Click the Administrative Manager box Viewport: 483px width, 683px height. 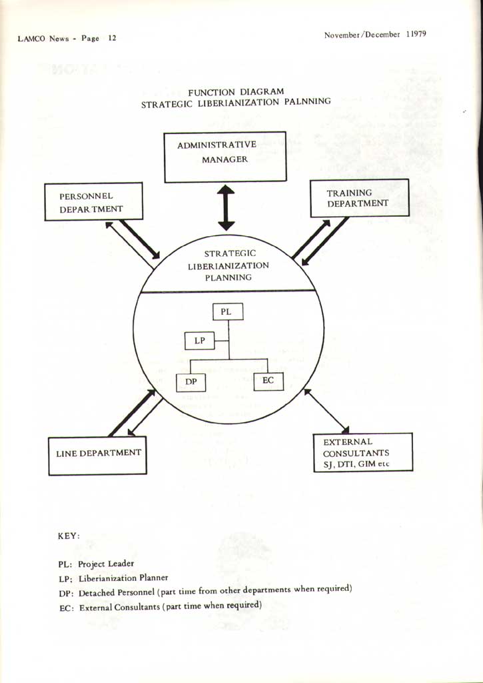[225, 157]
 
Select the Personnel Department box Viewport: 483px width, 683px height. [93, 201]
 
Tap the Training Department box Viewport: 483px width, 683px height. [360, 197]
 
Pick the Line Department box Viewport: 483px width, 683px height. [97, 456]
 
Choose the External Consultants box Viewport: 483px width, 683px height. [363, 452]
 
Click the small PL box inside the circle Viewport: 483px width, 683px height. [228, 311]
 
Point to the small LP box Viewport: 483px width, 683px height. [200, 341]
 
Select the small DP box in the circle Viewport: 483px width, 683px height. [191, 382]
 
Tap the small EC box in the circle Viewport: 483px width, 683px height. [268, 381]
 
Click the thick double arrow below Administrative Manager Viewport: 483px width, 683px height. [227, 207]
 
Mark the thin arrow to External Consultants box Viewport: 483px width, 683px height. [326, 411]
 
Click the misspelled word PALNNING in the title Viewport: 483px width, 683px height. [308, 101]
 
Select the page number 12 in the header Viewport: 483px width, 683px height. [113, 38]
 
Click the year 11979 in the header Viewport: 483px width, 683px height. [416, 35]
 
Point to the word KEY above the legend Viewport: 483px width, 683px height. [69, 536]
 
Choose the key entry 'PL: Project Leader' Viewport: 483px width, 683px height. [96, 564]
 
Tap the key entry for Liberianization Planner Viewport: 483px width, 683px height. [113, 578]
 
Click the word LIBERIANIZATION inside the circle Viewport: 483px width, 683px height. [229, 265]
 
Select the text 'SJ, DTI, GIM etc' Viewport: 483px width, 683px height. [356, 464]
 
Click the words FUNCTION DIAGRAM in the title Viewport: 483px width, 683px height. [236, 92]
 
